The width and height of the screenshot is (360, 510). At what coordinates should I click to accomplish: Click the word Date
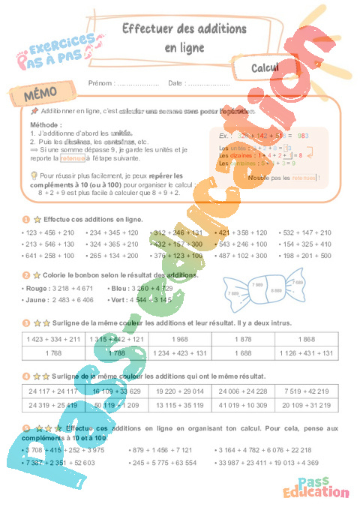coord(175,83)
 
